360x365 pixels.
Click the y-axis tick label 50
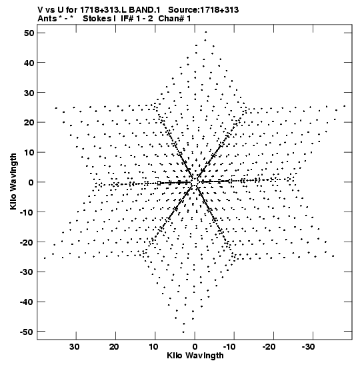(29, 33)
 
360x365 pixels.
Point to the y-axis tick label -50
(27, 332)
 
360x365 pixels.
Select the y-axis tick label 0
(31, 182)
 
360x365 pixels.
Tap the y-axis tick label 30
(29, 93)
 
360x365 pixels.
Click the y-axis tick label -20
(27, 242)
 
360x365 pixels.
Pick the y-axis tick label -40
(27, 302)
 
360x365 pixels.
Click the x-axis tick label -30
(309, 347)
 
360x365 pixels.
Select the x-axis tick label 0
(195, 347)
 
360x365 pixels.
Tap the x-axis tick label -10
(229, 347)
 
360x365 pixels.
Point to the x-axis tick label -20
(269, 347)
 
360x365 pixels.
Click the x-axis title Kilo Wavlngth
(195, 356)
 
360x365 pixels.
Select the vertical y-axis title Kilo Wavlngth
(13, 181)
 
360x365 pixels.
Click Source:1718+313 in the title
(203, 10)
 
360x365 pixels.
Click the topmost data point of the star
(205, 32)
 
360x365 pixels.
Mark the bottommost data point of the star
(183, 332)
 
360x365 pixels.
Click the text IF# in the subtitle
(127, 19)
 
